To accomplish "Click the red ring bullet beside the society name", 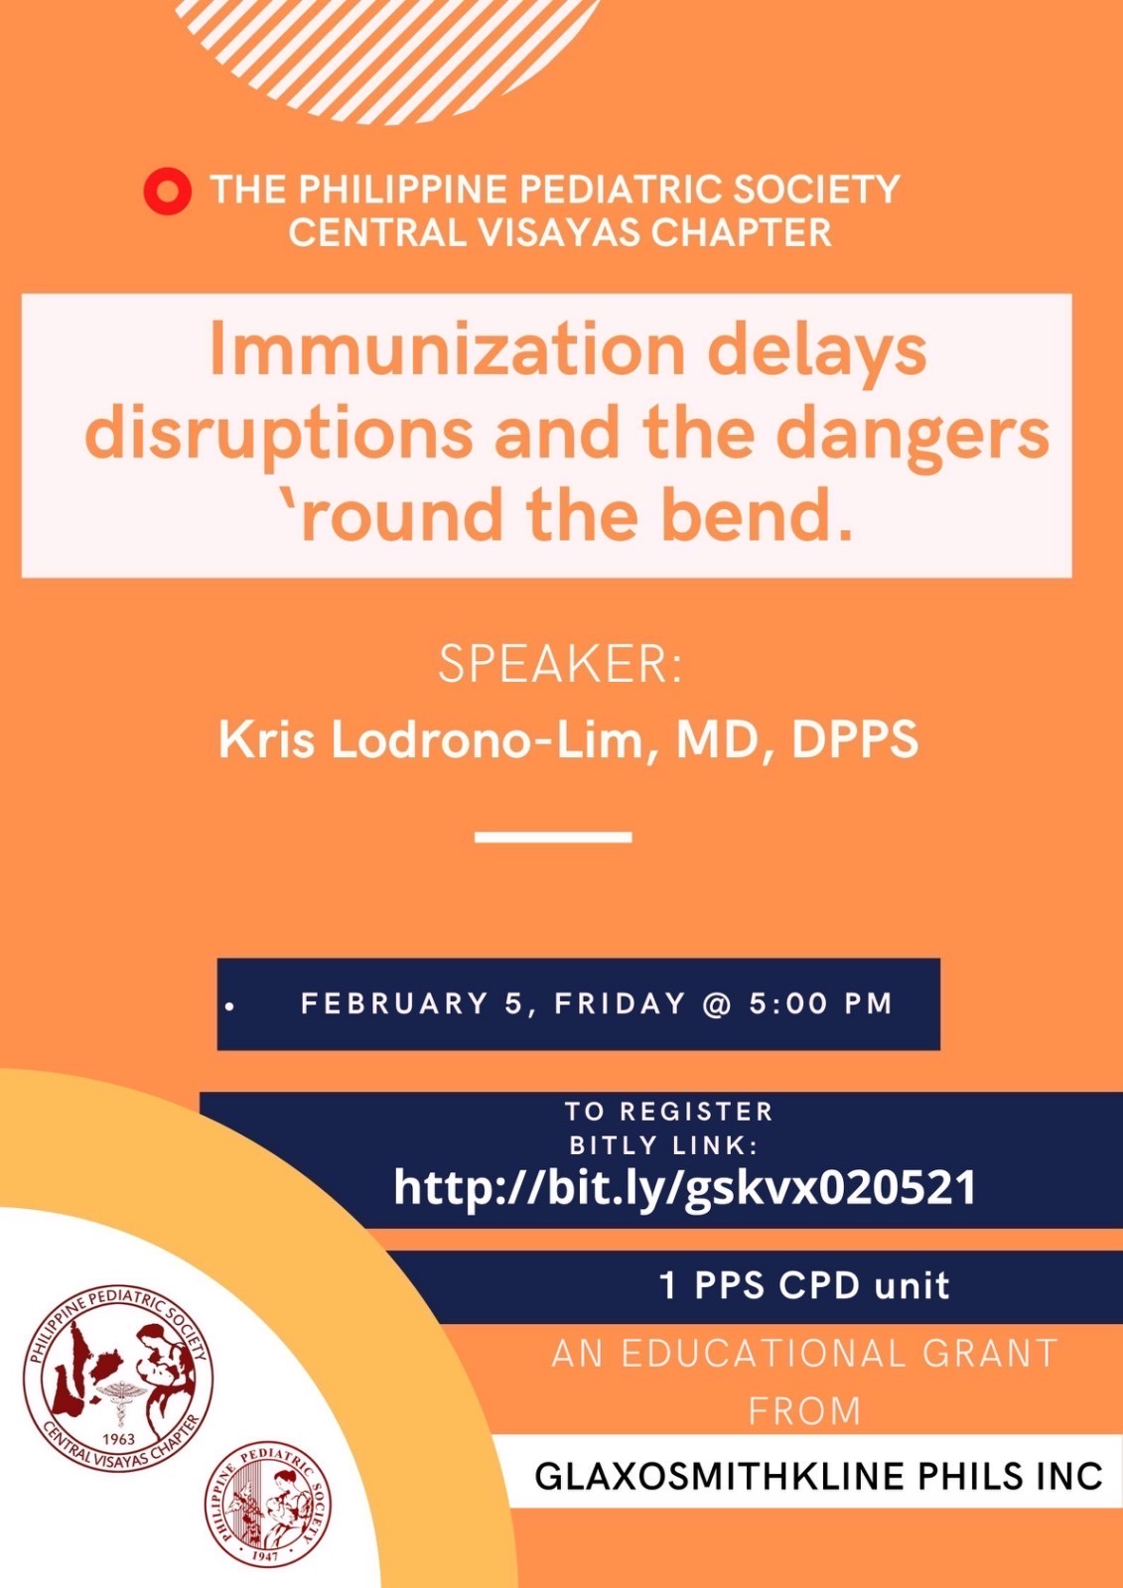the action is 168,192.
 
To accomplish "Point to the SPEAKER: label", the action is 560,666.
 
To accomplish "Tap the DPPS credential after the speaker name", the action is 855,740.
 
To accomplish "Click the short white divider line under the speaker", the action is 553,837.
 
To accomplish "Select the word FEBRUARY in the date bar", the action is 396,1003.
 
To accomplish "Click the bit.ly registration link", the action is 684,1187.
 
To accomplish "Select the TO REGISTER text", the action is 669,1111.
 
